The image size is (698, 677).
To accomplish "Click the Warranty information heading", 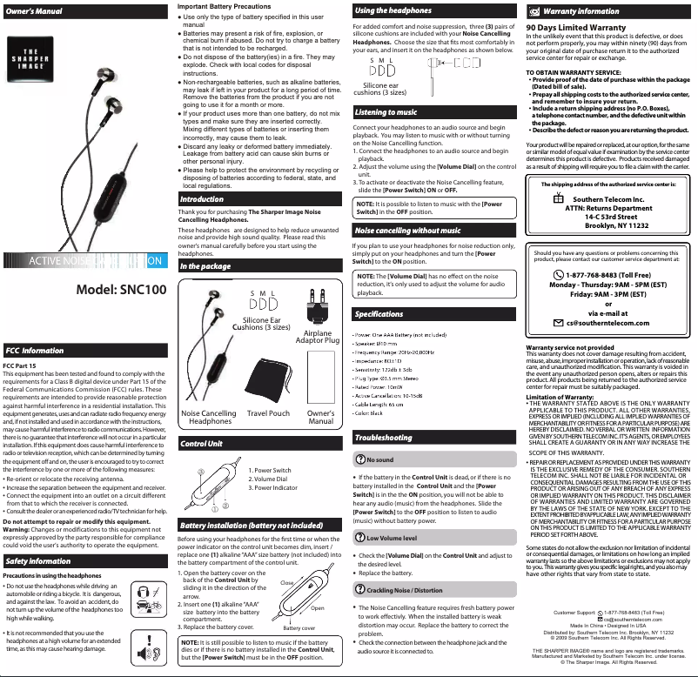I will click(x=581, y=11).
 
